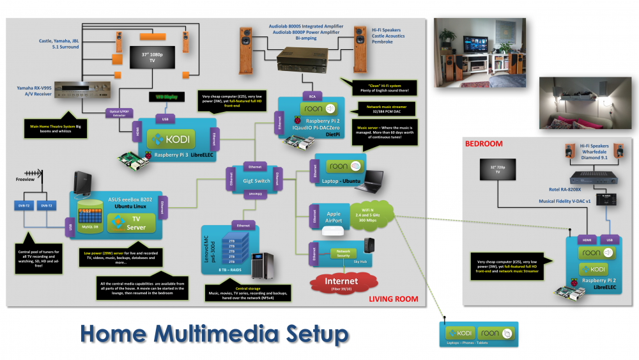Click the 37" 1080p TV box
tap(153, 57)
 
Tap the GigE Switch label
tap(254, 182)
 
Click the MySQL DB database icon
tap(90, 214)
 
